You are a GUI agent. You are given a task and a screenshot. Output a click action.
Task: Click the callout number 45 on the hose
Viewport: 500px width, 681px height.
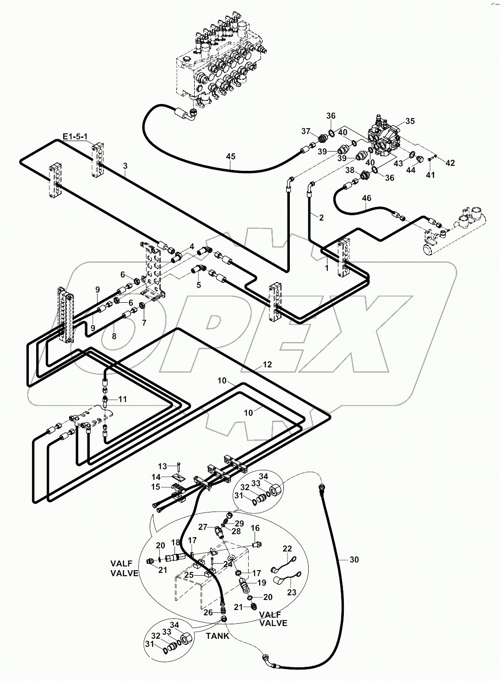230,157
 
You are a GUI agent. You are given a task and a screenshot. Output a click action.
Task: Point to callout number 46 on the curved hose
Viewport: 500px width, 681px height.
367,198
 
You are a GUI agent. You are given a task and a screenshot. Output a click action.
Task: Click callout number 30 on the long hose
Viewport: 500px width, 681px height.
354,560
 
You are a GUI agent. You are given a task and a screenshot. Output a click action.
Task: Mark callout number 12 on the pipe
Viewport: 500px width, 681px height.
267,365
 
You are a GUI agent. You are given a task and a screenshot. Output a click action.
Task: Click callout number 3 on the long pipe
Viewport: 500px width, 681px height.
125,167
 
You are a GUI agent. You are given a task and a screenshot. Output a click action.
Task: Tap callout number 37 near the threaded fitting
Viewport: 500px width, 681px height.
306,132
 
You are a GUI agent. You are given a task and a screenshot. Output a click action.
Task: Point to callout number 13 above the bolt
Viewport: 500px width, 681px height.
163,466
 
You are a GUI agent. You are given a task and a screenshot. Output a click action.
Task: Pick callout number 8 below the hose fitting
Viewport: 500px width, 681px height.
114,336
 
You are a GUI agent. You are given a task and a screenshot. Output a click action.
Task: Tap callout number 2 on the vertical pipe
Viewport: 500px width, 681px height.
321,218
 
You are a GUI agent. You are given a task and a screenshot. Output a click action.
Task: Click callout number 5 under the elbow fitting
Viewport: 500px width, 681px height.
198,284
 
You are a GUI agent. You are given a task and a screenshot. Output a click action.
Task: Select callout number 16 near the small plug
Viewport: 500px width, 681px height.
255,528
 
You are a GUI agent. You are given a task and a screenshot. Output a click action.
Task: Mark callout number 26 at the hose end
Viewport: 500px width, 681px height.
208,613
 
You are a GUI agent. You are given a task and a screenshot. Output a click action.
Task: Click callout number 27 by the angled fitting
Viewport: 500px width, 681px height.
203,527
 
